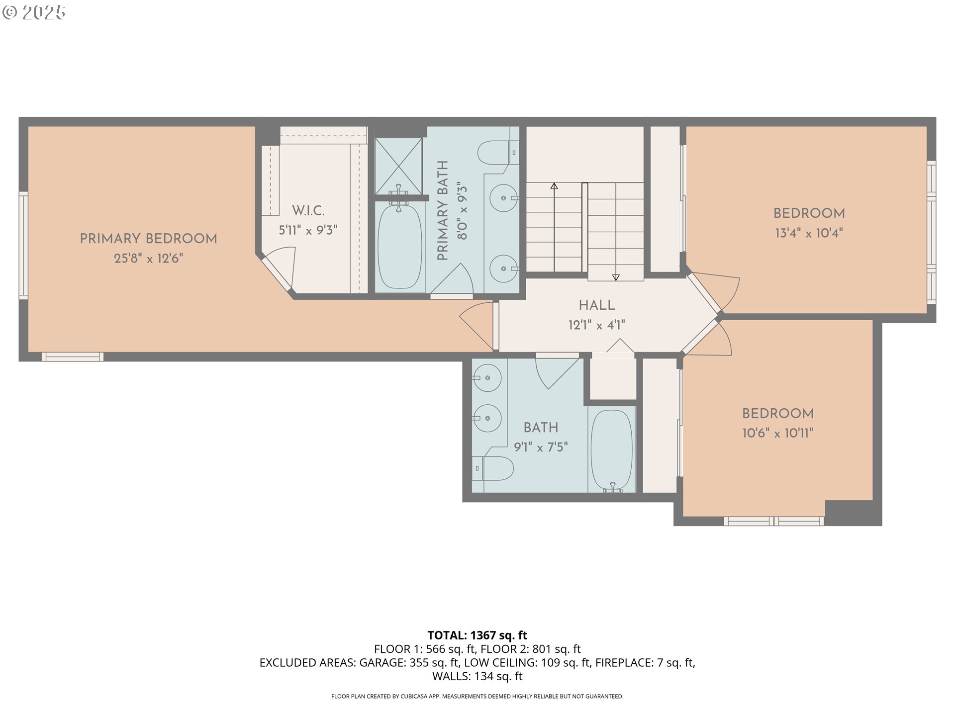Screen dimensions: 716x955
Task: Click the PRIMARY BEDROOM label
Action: pyautogui.click(x=148, y=239)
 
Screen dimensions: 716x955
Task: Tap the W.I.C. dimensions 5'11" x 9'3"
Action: pyautogui.click(x=308, y=230)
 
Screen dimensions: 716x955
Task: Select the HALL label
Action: pyautogui.click(x=596, y=305)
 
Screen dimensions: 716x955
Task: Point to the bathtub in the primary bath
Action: pyautogui.click(x=399, y=247)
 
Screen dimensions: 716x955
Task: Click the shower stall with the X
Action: pyautogui.click(x=398, y=166)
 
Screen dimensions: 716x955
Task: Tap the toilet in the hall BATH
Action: pyautogui.click(x=495, y=468)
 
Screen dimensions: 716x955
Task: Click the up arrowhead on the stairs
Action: pyautogui.click(x=554, y=186)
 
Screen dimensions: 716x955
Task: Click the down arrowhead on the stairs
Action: pyautogui.click(x=616, y=277)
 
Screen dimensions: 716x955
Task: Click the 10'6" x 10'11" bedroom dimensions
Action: pyautogui.click(x=777, y=433)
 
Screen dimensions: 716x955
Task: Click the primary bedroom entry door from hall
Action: pyautogui.click(x=477, y=325)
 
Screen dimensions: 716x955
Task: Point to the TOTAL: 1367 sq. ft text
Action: pyautogui.click(x=477, y=635)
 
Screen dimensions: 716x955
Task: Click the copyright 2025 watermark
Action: pyautogui.click(x=34, y=12)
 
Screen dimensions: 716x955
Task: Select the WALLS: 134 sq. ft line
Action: pyautogui.click(x=477, y=676)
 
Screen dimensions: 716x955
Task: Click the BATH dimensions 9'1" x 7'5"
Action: pyautogui.click(x=541, y=447)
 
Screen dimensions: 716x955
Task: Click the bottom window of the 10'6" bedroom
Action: pyautogui.click(x=773, y=521)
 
